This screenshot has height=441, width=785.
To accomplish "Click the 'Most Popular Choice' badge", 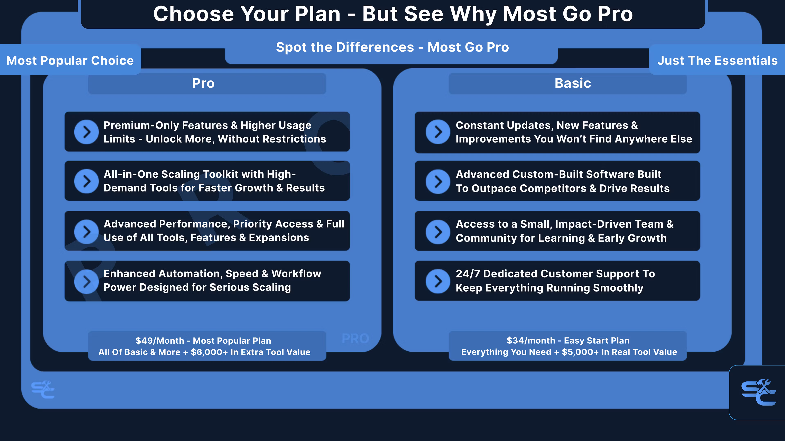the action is pyautogui.click(x=70, y=60).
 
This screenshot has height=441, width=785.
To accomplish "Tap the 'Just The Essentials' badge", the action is pyautogui.click(x=717, y=60).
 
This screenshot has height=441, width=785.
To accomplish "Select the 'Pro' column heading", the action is pyautogui.click(x=203, y=83).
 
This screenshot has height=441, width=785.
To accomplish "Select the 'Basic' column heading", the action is pyautogui.click(x=573, y=83).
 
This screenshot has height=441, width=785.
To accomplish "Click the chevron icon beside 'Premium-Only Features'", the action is pyautogui.click(x=86, y=132).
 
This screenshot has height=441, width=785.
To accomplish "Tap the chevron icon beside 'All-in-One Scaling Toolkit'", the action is pyautogui.click(x=86, y=181).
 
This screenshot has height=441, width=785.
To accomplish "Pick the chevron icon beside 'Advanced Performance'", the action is pyautogui.click(x=86, y=232).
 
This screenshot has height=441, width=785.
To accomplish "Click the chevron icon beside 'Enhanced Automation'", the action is pyautogui.click(x=86, y=281).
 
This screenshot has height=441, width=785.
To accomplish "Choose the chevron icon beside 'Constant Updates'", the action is pyautogui.click(x=438, y=132).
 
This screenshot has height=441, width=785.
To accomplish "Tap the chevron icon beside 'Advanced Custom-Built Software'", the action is pyautogui.click(x=438, y=181).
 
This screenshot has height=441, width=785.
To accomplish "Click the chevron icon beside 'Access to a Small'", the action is pyautogui.click(x=438, y=232).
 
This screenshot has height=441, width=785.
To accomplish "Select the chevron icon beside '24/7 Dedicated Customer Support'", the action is pyautogui.click(x=438, y=281).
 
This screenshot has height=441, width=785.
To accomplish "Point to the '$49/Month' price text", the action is pyautogui.click(x=160, y=341).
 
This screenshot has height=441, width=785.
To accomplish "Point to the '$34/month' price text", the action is pyautogui.click(x=531, y=341).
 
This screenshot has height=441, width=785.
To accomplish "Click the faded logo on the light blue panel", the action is pyautogui.click(x=43, y=390).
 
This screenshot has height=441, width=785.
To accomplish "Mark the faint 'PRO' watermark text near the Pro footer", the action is pyautogui.click(x=355, y=339).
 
